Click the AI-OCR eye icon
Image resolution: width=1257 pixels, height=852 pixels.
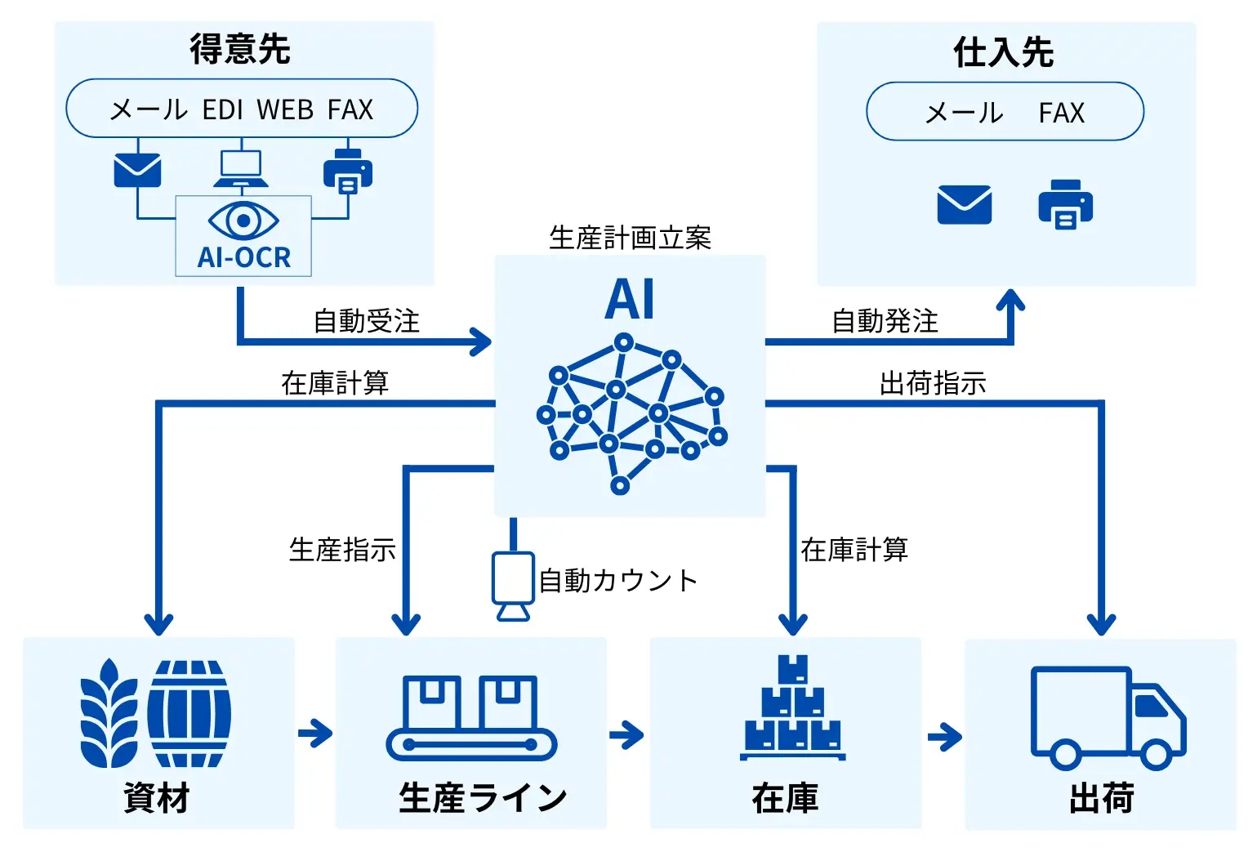(243, 221)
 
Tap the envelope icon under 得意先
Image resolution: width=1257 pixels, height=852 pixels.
(137, 170)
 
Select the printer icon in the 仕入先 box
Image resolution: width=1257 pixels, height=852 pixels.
(1065, 204)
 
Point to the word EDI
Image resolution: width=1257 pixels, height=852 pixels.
(223, 109)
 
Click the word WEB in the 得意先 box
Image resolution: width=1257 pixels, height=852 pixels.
(285, 109)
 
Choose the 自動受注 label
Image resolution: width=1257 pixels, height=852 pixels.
(367, 321)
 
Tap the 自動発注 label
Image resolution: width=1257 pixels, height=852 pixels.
(885, 321)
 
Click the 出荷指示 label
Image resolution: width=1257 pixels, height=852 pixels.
(933, 382)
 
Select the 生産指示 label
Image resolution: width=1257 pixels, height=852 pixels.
(342, 550)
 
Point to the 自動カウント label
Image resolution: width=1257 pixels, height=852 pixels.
(618, 581)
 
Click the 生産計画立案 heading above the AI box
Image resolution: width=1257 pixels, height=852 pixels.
(631, 238)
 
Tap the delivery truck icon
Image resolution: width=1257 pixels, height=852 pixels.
(1108, 717)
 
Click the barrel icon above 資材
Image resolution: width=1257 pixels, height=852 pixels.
(189, 714)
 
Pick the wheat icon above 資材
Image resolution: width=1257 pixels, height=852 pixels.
(109, 714)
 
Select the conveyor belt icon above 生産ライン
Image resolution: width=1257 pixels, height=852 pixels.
(471, 717)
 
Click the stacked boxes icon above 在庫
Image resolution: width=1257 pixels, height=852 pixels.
(792, 707)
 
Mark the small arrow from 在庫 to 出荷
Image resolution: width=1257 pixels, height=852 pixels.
(944, 738)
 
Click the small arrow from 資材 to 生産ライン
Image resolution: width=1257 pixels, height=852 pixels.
(315, 733)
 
